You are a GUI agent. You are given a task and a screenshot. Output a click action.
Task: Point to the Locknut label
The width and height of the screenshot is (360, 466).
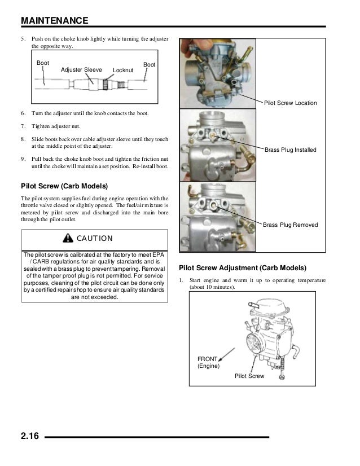click(x=123, y=70)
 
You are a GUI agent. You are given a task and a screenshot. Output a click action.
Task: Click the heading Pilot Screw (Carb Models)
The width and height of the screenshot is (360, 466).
click(x=64, y=186)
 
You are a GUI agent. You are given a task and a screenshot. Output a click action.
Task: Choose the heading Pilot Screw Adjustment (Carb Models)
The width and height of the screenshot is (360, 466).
click(x=242, y=267)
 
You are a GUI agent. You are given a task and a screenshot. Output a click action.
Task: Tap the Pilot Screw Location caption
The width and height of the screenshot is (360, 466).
click(x=291, y=103)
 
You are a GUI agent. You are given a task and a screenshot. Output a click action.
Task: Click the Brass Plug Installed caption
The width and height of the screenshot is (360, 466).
click(x=291, y=150)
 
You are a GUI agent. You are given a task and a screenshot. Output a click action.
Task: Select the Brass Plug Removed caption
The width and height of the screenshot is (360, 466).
click(x=291, y=225)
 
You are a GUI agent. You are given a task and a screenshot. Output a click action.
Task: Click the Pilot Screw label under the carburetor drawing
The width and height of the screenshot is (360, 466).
click(x=248, y=376)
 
